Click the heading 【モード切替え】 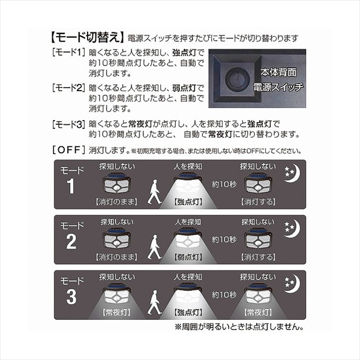click(87, 38)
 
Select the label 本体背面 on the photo click(278, 73)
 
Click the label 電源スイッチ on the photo click(278, 87)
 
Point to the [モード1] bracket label click(68, 53)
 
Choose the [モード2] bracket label click(68, 88)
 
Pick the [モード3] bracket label click(68, 124)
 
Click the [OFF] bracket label click(68, 150)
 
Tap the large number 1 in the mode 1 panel click(71, 186)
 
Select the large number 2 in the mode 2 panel click(71, 242)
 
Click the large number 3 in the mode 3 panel click(71, 297)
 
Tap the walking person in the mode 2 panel click(154, 247)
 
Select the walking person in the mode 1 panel click(154, 192)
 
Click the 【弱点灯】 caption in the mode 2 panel click(188, 257)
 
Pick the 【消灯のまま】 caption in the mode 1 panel click(117, 202)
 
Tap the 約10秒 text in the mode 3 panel click(224, 295)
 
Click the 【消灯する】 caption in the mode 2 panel click(258, 257)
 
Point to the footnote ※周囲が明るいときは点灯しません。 click(239, 327)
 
